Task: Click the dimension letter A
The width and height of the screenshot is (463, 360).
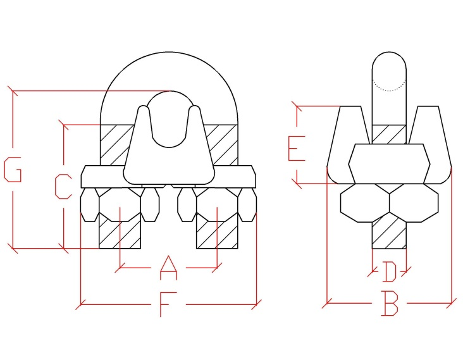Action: (x=169, y=268)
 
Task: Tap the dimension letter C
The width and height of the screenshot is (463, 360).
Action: (x=63, y=187)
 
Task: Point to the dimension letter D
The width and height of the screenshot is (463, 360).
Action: (x=390, y=271)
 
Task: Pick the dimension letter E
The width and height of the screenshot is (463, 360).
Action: (x=297, y=148)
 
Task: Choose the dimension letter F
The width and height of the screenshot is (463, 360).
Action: (x=168, y=304)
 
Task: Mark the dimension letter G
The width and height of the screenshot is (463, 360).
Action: (x=13, y=170)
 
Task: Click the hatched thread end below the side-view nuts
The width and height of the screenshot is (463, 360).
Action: (x=389, y=235)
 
